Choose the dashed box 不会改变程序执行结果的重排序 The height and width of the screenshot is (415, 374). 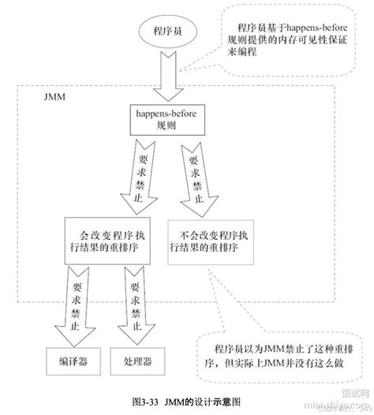pyautogui.click(x=206, y=241)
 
